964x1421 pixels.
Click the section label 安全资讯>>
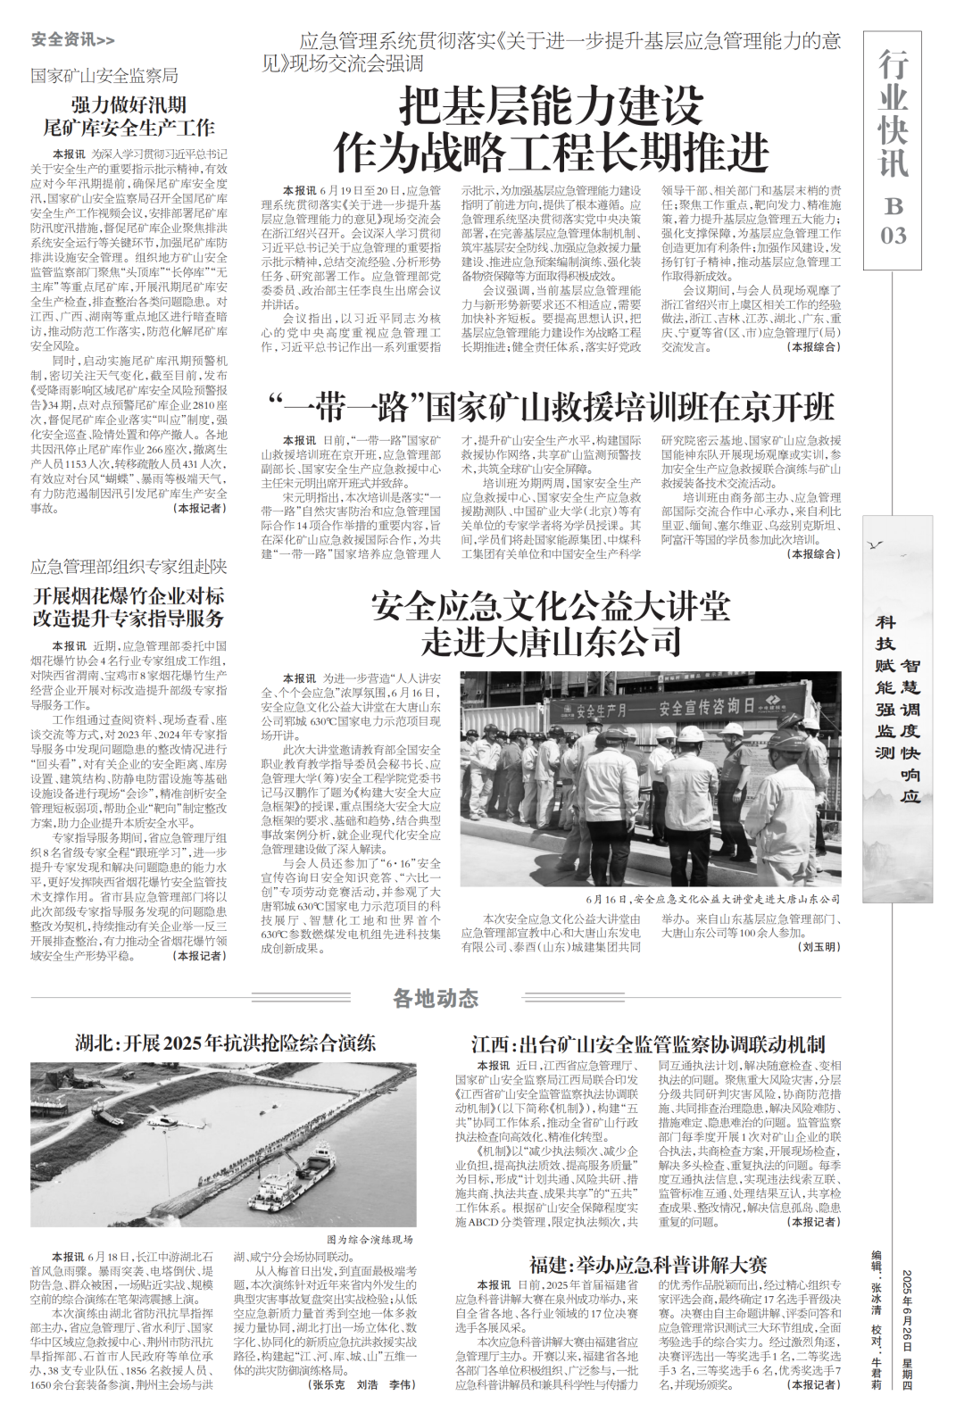72,39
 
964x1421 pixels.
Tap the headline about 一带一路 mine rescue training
551,407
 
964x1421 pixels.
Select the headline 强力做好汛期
129,104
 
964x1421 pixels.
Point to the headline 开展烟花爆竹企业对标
129,595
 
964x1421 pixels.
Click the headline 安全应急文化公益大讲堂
551,607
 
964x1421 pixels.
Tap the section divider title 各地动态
436,998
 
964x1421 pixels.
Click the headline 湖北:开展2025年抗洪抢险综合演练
225,1043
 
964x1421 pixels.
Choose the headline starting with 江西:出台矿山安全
648,1043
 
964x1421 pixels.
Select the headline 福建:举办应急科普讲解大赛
648,1264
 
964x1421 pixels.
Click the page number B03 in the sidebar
893,220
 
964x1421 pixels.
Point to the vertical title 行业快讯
893,114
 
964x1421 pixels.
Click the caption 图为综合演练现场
370,1239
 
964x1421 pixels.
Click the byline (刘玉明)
819,946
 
